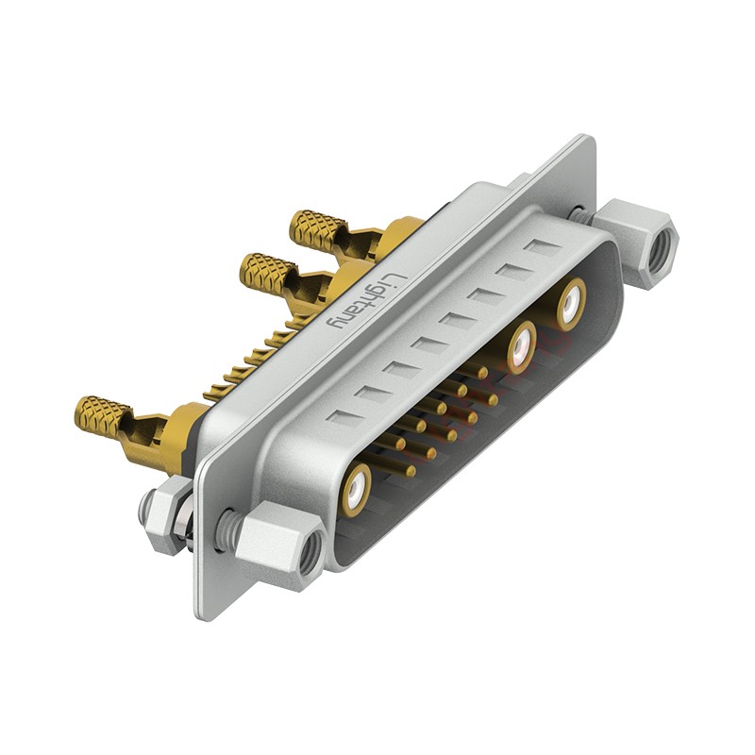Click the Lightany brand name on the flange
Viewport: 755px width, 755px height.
tap(366, 301)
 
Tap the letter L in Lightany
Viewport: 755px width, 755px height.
tap(397, 280)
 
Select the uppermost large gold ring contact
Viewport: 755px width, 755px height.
tap(572, 304)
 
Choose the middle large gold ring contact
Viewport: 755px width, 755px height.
tap(522, 346)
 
